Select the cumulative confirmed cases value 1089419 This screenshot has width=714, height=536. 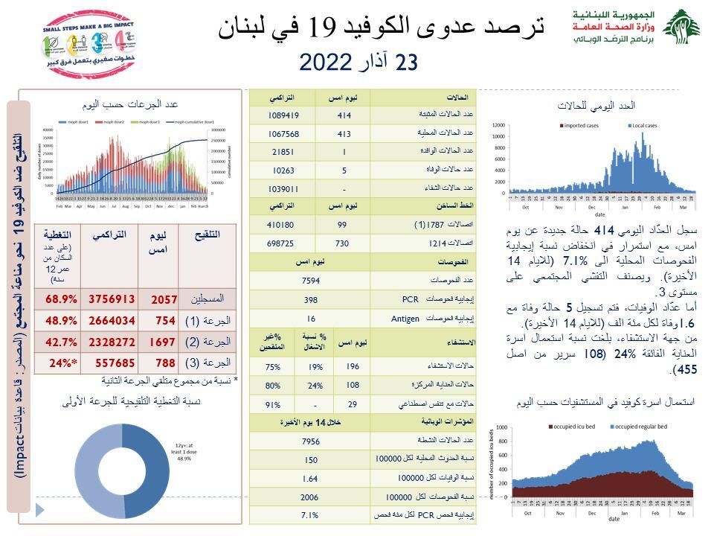[x=283, y=115]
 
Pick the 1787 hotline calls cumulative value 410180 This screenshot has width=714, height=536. [x=283, y=224]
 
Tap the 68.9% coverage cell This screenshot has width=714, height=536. [x=62, y=299]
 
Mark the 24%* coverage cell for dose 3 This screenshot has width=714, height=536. [x=62, y=363]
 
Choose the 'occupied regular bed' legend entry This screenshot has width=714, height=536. [x=646, y=427]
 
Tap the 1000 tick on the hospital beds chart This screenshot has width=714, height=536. [x=501, y=427]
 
